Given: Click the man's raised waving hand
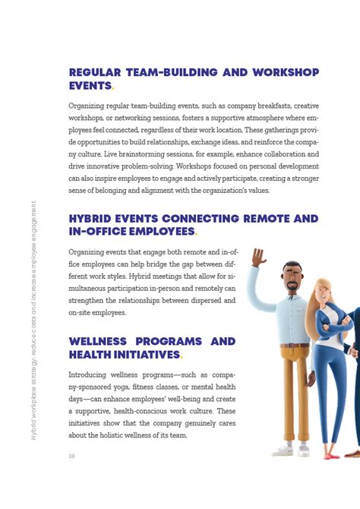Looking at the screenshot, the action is point(259,258).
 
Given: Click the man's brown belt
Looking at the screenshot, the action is point(295,345).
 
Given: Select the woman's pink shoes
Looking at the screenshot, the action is point(333,455).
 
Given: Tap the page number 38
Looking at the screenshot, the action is point(71,456).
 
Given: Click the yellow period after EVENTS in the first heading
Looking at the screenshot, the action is point(114,87).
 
